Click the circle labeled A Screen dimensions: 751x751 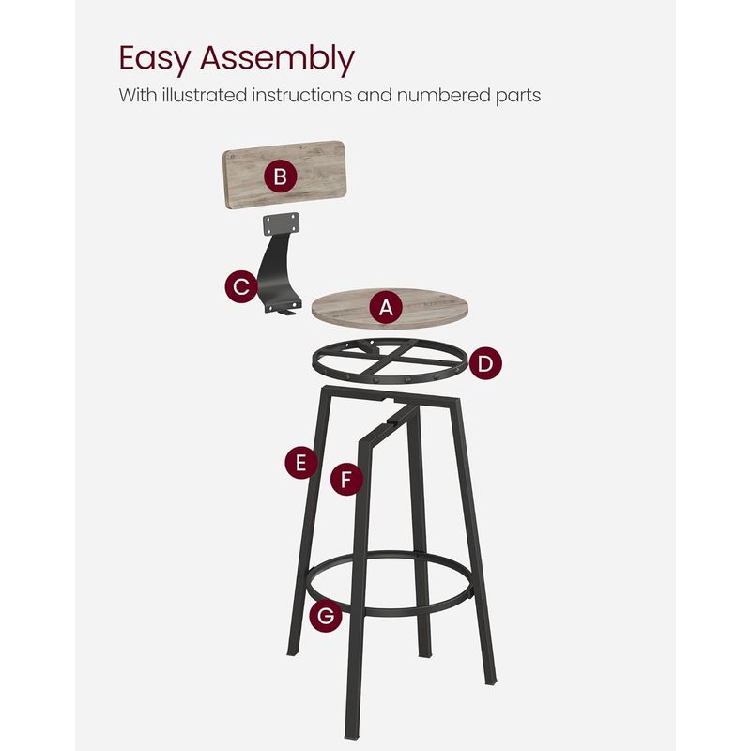tap(386, 306)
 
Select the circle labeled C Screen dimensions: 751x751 tap(242, 286)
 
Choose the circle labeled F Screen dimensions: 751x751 tap(346, 480)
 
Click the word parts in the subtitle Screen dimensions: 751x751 tap(519, 96)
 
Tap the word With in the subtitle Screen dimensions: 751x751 tap(136, 96)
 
